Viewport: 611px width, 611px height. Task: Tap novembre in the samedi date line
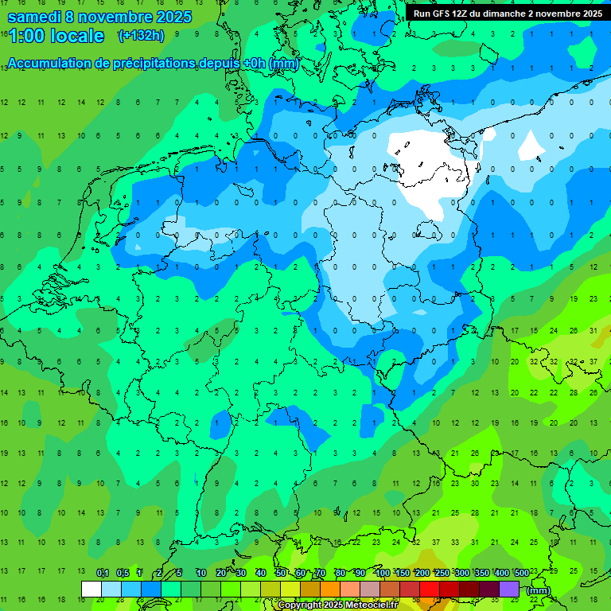pos(116,17)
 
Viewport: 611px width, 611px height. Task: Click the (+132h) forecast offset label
pos(141,36)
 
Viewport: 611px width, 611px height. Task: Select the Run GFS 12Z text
pos(442,14)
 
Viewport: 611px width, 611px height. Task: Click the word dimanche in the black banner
pos(521,14)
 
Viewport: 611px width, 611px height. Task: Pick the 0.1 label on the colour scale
pos(102,574)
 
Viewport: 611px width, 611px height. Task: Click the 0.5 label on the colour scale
pos(123,574)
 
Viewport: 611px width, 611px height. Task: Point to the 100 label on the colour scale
pos(382,574)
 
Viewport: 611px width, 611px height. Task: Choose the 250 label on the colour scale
pos(442,574)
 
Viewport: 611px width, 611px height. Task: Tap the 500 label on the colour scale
pos(521,574)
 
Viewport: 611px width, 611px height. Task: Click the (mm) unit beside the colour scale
pos(539,590)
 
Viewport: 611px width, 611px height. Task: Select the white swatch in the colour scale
pos(91,589)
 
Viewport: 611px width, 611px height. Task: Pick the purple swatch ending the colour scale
pos(509,589)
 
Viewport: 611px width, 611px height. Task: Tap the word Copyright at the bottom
pos(300,605)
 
